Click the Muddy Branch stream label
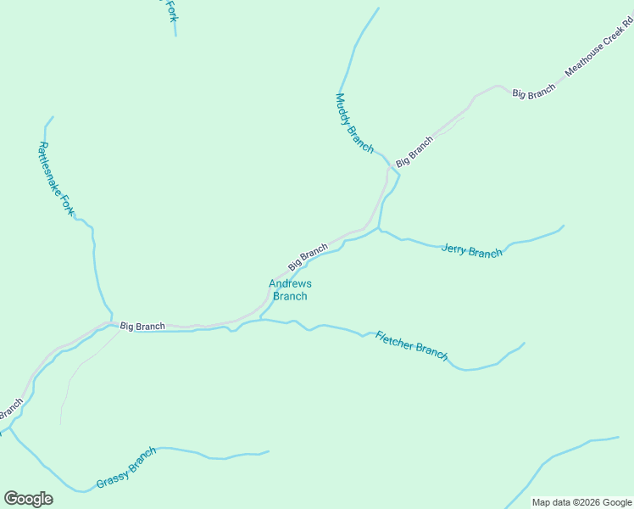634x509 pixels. click(354, 124)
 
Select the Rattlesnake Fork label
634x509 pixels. click(56, 179)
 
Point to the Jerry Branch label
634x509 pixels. click(472, 252)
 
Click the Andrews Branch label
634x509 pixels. click(290, 290)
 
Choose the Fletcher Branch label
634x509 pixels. click(411, 344)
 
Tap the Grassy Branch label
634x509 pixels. click(126, 467)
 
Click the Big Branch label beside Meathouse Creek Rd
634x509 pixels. click(534, 92)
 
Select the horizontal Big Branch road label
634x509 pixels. click(142, 326)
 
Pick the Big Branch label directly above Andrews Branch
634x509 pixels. click(308, 257)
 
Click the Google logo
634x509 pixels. click(28, 499)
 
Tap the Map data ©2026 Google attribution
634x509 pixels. click(582, 502)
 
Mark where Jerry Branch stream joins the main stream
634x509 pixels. click(380, 229)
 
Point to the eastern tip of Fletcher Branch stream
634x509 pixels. click(525, 343)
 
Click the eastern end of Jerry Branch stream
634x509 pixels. click(564, 226)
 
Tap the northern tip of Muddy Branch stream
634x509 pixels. click(378, 8)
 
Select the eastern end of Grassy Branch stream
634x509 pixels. click(269, 451)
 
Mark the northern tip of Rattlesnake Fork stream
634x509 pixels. click(53, 117)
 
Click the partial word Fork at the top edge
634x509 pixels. click(170, 10)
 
